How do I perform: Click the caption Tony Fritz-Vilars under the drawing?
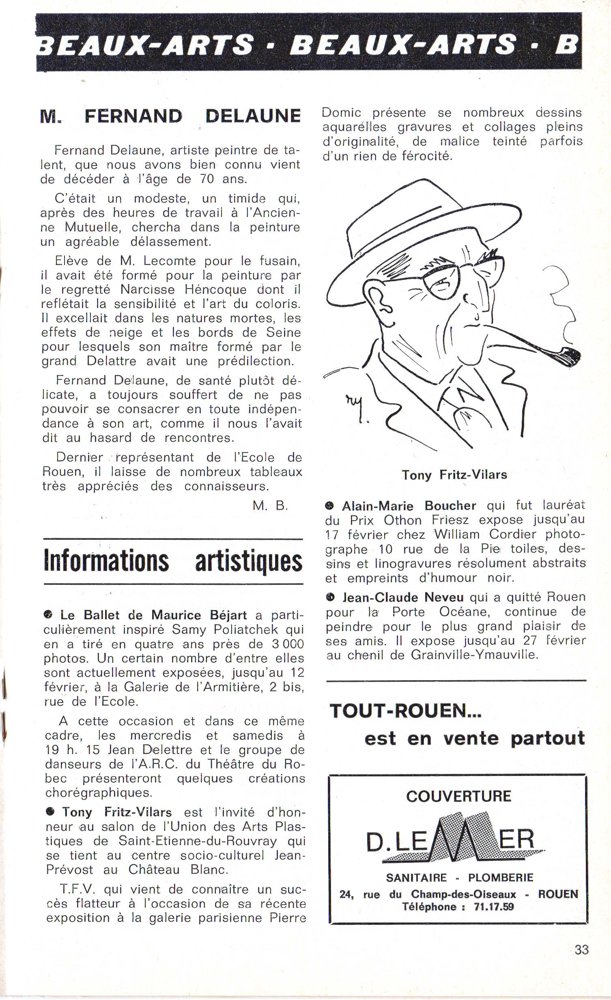point(454,474)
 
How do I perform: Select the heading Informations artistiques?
point(173,561)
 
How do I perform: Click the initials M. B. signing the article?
point(270,505)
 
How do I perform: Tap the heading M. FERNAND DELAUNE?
point(170,116)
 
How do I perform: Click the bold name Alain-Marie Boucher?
point(409,506)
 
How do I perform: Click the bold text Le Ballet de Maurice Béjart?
point(153,615)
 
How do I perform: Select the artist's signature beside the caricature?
point(355,406)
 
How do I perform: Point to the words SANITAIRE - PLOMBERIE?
point(459,877)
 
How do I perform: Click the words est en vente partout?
point(474,738)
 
